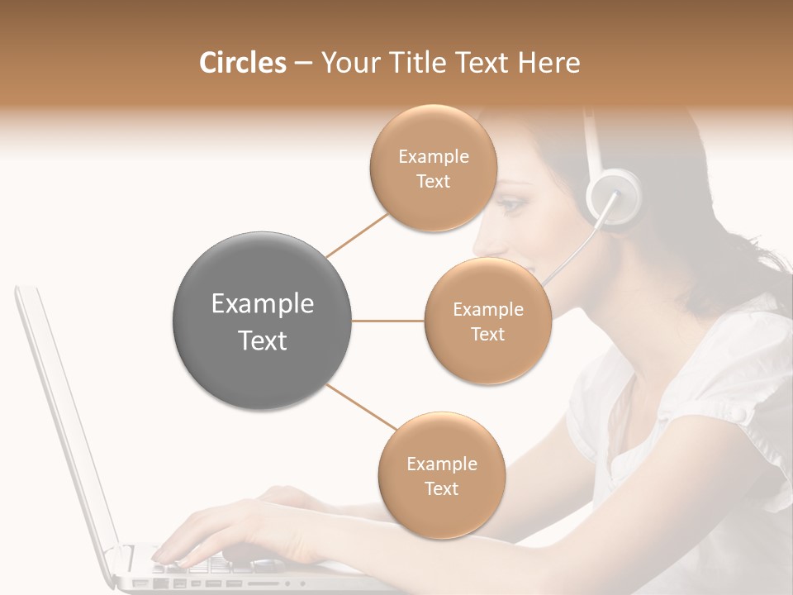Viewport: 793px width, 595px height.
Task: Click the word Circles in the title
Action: pos(242,63)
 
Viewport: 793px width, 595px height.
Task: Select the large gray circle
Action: pos(263,321)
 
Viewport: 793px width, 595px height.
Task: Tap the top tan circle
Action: pos(433,168)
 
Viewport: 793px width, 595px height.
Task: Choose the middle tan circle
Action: pos(487,321)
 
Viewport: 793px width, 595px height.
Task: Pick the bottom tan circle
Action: pos(441,475)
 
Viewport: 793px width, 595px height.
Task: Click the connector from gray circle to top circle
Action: pos(357,236)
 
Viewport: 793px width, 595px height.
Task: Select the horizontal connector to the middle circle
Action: pos(388,321)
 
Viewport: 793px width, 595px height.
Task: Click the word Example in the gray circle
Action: pos(263,304)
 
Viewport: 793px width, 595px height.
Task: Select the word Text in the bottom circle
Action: pos(441,488)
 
